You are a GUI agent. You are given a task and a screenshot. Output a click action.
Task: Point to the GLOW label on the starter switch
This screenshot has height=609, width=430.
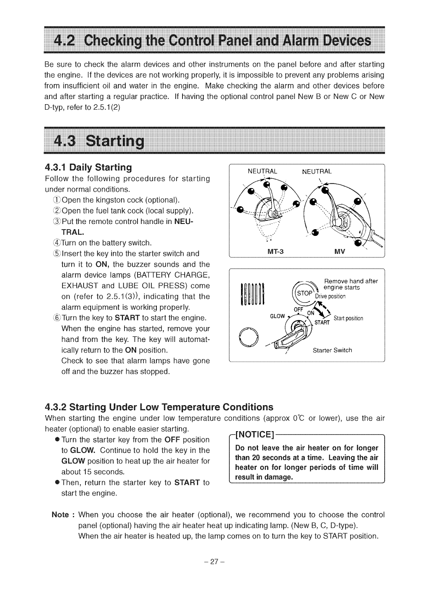click(278, 316)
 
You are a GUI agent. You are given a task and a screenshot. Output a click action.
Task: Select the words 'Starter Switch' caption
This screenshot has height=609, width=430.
click(332, 350)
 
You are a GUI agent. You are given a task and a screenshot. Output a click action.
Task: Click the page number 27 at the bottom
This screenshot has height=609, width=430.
click(214, 561)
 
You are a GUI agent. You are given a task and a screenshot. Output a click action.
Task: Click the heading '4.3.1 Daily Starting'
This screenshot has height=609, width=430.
click(88, 167)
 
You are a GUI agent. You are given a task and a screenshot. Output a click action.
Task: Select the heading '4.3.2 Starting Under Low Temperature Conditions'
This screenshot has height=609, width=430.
click(159, 406)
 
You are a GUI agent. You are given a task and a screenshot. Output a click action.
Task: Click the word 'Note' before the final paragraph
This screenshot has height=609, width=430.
click(60, 515)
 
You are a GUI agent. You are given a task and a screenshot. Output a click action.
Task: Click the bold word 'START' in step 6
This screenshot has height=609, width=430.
click(127, 318)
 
